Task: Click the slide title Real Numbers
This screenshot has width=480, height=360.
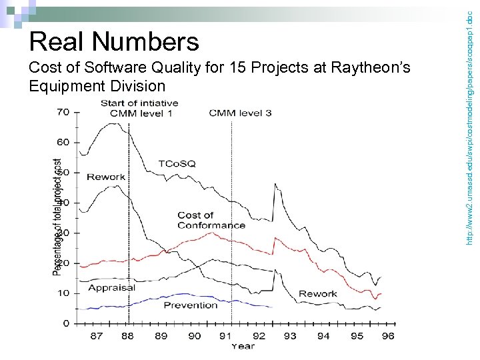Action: point(114,42)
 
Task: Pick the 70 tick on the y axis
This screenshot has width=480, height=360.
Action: point(63,112)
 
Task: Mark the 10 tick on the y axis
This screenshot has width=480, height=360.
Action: point(63,293)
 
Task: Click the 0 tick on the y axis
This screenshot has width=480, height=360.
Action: point(65,323)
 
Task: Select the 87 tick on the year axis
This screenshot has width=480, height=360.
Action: point(97,336)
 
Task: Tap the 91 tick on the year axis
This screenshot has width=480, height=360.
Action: point(226,336)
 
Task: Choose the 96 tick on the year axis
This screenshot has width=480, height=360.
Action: point(388,336)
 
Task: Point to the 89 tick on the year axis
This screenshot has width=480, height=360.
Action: point(161,336)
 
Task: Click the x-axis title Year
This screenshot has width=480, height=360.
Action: point(243,346)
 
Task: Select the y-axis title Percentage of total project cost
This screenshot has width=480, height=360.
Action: point(58,217)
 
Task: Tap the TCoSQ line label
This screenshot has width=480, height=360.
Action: point(177,163)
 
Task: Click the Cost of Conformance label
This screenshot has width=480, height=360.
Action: point(211,220)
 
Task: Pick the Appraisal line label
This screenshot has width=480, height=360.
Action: point(111,288)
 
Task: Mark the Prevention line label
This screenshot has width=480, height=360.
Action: point(191,305)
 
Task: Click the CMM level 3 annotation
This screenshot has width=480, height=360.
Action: point(240,113)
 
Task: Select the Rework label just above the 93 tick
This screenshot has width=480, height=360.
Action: point(317,293)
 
